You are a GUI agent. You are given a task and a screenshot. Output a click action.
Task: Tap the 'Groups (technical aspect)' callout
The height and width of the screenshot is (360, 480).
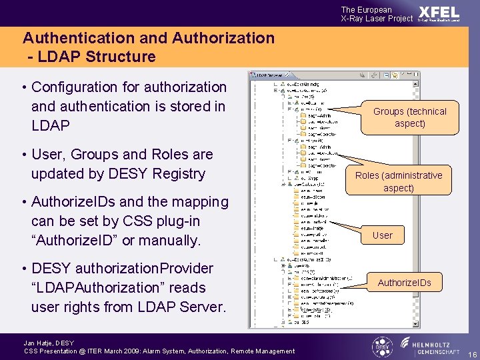tap(409, 117)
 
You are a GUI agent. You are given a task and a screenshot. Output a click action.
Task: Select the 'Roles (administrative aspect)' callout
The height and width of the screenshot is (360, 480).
tap(399, 181)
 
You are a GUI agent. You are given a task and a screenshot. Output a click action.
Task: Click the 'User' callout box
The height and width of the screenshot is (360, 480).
tap(383, 235)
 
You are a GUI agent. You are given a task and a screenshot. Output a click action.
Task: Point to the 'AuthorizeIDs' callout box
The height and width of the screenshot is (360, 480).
tap(404, 283)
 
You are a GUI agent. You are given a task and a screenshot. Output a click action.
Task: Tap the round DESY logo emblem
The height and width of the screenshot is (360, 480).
tap(382, 347)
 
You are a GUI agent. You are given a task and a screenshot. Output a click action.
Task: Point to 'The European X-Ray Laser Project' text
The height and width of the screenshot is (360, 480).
tap(377, 14)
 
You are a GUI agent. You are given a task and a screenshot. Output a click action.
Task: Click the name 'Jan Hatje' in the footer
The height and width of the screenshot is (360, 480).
tap(39, 343)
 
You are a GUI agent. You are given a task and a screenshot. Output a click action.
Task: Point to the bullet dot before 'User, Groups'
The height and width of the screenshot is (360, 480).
tap(23, 155)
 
